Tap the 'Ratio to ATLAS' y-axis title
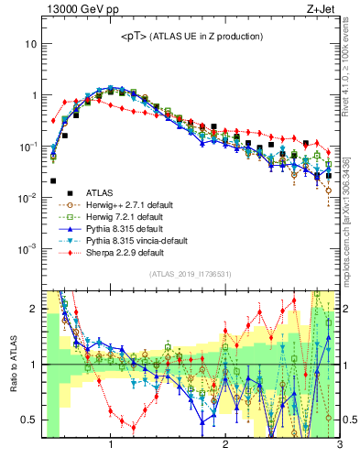point(14,364)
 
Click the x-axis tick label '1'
point(111,445)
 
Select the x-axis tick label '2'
point(225,445)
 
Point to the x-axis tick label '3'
point(339,445)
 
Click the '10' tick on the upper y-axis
point(30,44)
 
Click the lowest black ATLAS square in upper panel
point(53,181)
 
